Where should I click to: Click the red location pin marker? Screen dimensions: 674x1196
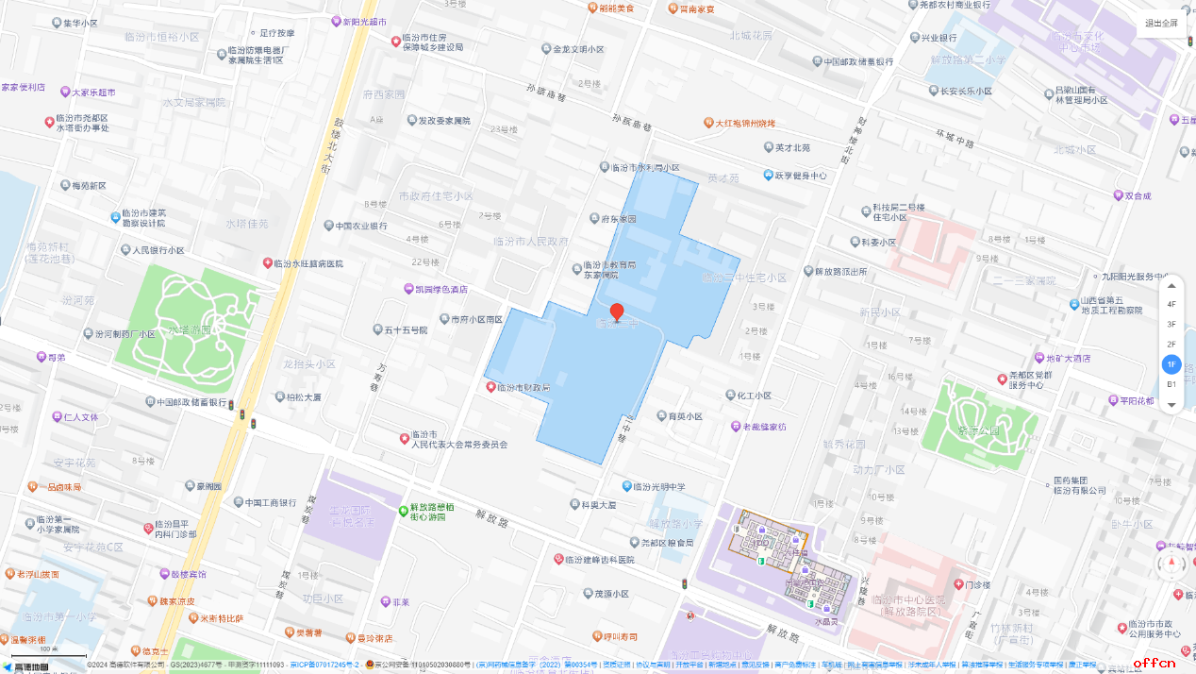coord(617,312)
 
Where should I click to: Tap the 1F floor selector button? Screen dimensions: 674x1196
coord(1171,363)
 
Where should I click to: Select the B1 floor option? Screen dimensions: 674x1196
coord(1171,384)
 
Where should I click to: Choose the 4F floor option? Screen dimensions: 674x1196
coord(1171,304)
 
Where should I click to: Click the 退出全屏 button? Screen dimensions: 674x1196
coord(1161,24)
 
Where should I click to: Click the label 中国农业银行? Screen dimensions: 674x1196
coord(355,227)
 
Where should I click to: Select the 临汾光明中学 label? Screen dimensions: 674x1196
coord(659,486)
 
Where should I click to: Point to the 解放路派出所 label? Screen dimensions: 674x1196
coord(840,272)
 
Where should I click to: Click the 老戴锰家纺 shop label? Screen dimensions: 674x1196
coord(763,427)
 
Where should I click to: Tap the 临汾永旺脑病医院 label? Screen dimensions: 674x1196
coord(308,263)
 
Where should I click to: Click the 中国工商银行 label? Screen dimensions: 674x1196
coord(273,502)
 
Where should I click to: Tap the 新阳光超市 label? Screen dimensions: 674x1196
coord(364,21)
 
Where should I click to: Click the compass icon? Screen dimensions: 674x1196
coord(1172,564)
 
